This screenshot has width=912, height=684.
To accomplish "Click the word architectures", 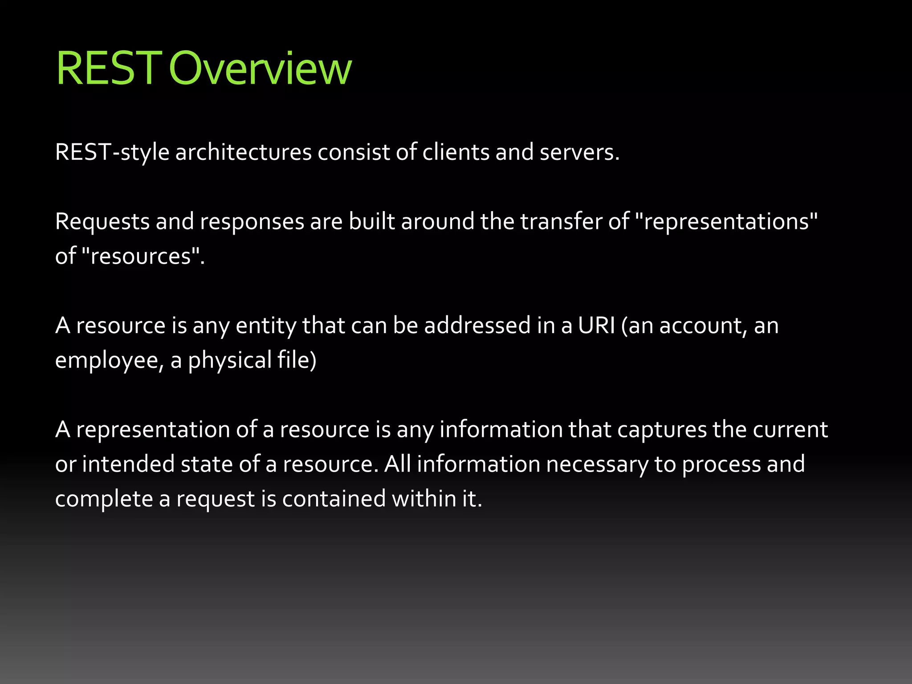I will (x=243, y=153).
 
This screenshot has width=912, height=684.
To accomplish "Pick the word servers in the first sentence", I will (x=579, y=153).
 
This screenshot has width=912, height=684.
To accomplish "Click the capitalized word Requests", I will (x=102, y=222).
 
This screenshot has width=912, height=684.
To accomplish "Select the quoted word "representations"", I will (x=725, y=222).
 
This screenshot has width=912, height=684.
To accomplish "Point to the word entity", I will (x=266, y=326).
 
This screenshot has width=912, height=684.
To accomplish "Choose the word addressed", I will (x=477, y=326).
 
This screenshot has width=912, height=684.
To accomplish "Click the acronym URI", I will (x=596, y=326).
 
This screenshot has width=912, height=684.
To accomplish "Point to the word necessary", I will (x=597, y=464).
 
